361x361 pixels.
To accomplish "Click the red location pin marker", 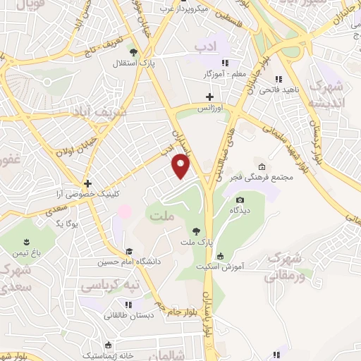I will [x=181, y=166].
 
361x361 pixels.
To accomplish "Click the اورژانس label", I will [x=209, y=109].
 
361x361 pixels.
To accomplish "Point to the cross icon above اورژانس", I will [x=209, y=97].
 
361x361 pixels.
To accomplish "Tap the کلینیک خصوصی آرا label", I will [x=87, y=193].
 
